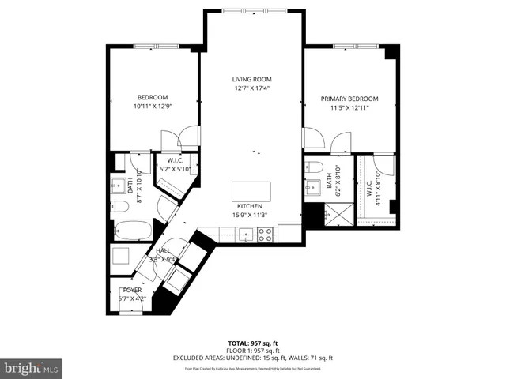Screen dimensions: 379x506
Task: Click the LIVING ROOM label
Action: (x=251, y=79)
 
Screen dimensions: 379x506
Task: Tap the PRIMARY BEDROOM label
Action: (x=349, y=99)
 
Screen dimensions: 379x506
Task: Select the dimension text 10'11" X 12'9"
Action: (x=153, y=106)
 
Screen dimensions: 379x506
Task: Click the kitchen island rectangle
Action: (x=250, y=192)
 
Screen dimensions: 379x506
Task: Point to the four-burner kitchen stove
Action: (x=265, y=234)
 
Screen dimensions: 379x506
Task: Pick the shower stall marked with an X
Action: (x=333, y=214)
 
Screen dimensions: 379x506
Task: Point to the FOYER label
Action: (x=131, y=290)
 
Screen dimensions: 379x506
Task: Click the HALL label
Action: (x=163, y=250)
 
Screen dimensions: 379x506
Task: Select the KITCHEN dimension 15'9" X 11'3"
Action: (x=250, y=214)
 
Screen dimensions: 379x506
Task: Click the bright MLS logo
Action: (x=32, y=368)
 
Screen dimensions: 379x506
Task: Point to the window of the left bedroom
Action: (x=153, y=46)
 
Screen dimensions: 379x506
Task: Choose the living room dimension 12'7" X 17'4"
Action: (x=251, y=88)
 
